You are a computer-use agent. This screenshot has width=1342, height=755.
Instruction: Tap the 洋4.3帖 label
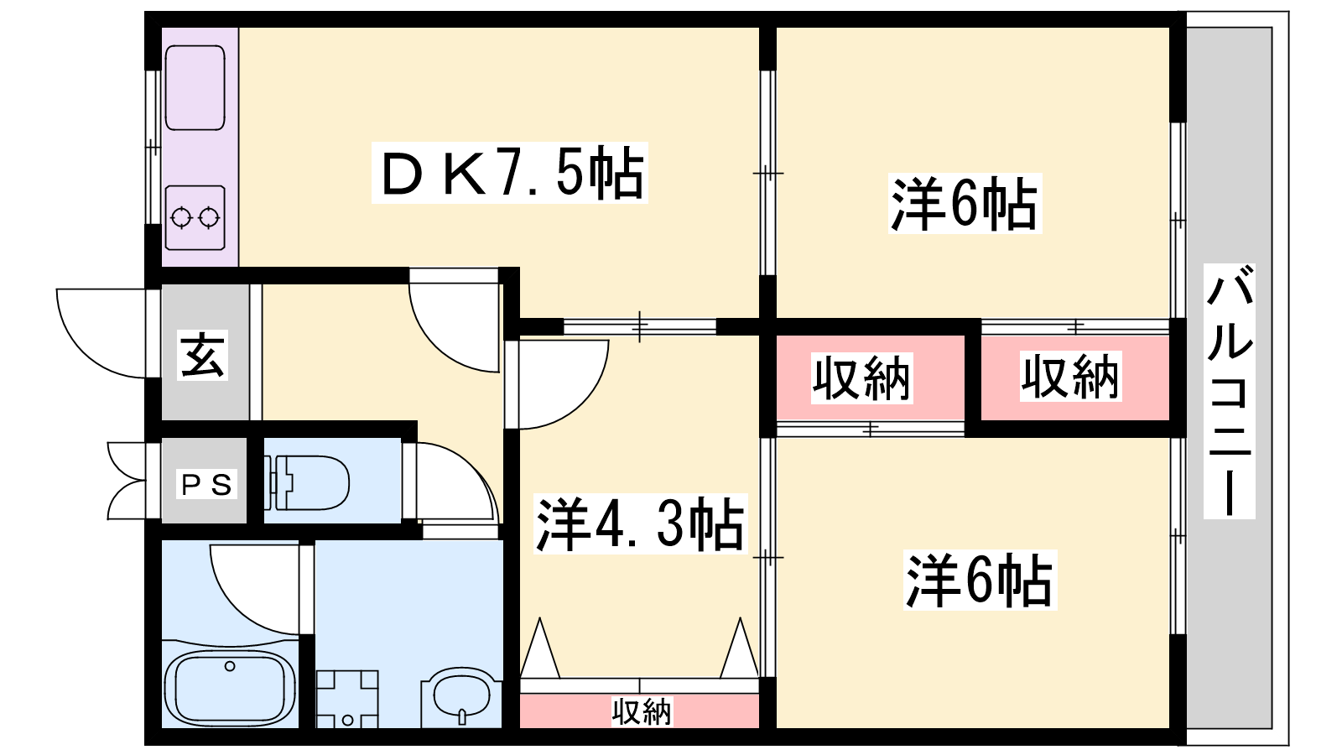[640, 523]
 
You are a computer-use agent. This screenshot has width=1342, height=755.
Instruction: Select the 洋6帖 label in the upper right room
[964, 204]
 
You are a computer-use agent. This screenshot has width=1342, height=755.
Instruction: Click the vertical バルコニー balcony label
[1230, 391]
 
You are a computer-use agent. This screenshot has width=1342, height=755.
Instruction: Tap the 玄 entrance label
[202, 355]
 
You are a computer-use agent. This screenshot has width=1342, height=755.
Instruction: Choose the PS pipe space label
[206, 485]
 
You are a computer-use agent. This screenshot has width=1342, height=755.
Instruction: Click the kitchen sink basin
[195, 87]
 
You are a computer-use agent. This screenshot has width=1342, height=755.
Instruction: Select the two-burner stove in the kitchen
[195, 217]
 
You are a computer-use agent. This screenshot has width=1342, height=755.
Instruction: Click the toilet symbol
[307, 482]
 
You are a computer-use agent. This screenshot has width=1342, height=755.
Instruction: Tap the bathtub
[230, 690]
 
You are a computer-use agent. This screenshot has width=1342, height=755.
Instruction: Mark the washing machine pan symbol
[347, 700]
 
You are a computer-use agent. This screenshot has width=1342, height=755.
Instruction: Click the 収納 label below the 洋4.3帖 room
[642, 711]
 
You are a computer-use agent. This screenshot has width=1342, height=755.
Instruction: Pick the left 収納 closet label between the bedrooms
[861, 378]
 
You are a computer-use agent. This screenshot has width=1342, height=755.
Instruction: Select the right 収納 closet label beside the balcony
[1070, 377]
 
